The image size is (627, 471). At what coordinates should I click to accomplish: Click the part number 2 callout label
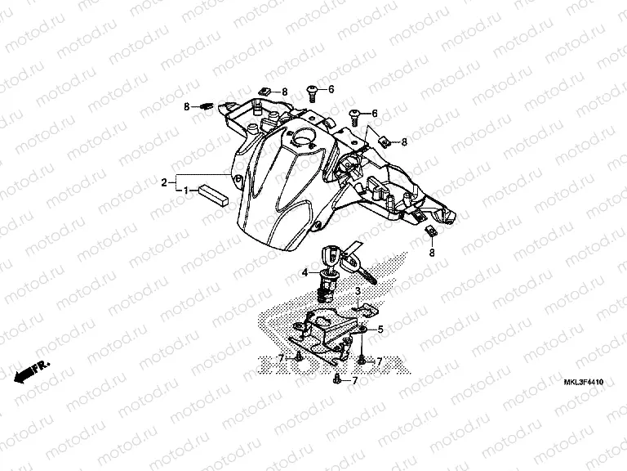(x=164, y=181)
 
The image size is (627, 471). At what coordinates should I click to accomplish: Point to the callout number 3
(x=358, y=291)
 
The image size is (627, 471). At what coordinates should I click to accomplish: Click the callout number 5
(x=380, y=329)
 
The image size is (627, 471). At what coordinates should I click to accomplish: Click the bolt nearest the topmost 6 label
(x=312, y=90)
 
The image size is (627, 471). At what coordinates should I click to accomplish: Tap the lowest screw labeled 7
(x=336, y=380)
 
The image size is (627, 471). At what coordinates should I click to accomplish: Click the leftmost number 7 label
(x=280, y=358)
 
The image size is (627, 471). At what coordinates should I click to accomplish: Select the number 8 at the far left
(x=186, y=106)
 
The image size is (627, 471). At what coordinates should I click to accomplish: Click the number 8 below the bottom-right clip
(x=432, y=253)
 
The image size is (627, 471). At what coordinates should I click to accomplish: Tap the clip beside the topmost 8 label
(x=264, y=90)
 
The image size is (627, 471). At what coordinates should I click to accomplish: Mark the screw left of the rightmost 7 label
(x=362, y=359)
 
